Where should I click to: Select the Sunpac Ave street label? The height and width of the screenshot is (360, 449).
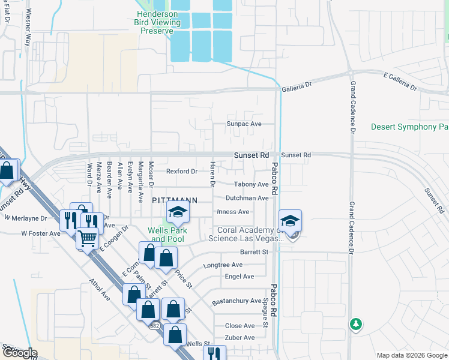244,124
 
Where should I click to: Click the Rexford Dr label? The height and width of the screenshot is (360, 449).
181,172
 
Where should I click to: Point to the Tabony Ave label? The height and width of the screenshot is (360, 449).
252,184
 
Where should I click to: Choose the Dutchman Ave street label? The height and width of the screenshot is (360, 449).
247,198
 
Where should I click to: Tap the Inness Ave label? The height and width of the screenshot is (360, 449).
233,212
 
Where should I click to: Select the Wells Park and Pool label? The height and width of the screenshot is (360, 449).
168,235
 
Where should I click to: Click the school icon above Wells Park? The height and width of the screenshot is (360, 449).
178,212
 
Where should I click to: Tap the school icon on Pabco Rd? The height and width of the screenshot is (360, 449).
290,220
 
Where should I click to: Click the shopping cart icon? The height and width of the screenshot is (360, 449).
87,238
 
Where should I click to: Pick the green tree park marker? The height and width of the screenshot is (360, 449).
356,325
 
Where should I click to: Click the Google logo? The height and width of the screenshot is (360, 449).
20,353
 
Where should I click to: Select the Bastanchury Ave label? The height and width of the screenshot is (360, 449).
237,301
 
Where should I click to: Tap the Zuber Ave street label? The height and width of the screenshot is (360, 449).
240,338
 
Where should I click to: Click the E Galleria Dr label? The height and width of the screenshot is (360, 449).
400,81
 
